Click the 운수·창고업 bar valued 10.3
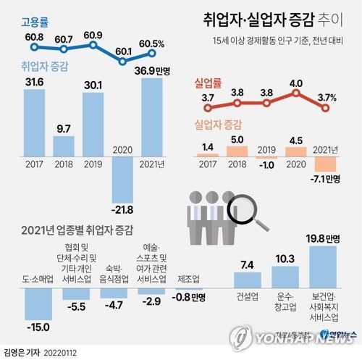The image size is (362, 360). (x=284, y=280)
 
